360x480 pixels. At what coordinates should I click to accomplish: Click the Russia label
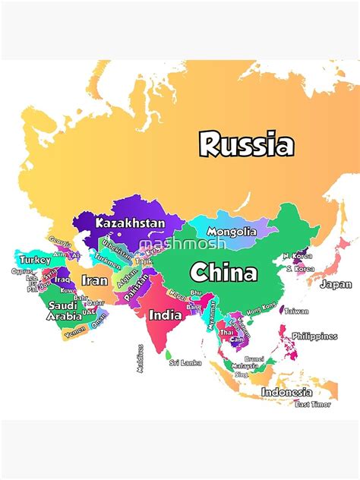click(246, 144)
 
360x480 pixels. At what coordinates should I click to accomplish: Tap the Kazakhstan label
click(130, 223)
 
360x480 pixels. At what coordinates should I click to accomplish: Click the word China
click(223, 272)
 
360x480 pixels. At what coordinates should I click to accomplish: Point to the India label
click(165, 314)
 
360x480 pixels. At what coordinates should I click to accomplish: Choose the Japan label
click(336, 285)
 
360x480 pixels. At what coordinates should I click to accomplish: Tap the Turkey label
click(35, 260)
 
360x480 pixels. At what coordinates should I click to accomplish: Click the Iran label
click(95, 280)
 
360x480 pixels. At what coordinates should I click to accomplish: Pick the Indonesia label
click(286, 392)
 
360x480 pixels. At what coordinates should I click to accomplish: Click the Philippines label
click(314, 336)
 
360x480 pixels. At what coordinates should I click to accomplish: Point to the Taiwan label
click(296, 311)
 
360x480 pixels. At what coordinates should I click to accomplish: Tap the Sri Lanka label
click(185, 363)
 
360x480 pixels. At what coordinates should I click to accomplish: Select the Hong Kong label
click(261, 307)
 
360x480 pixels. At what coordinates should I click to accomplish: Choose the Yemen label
click(75, 333)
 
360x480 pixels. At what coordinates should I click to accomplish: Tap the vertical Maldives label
click(140, 358)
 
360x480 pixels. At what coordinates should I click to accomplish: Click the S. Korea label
click(298, 268)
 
